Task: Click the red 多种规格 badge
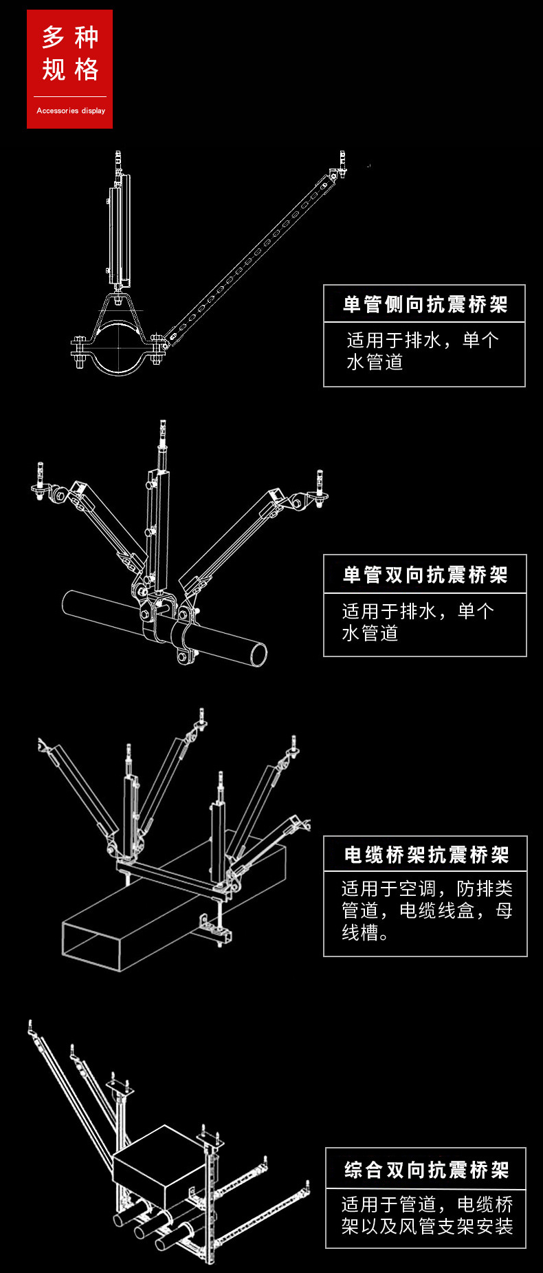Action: point(69,69)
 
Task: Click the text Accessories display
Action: point(71,111)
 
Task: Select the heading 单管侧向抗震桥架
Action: point(425,304)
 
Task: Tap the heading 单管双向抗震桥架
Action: point(425,575)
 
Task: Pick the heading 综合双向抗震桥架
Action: point(426,1169)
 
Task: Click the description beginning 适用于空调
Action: point(426,910)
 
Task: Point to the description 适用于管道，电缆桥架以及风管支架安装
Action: point(426,1215)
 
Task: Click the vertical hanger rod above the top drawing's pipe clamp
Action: point(120,227)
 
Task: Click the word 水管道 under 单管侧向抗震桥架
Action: point(375,363)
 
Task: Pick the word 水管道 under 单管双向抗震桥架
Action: point(370,634)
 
